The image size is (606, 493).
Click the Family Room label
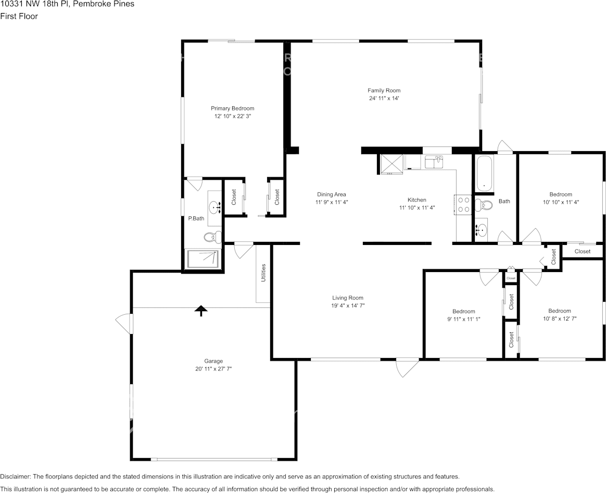[384, 91]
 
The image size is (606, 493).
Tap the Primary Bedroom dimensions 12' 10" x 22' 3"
[233, 116]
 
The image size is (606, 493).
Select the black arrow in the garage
[201, 311]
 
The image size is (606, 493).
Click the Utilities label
[263, 273]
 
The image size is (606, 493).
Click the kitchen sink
[434, 162]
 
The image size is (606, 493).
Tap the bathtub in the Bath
[484, 173]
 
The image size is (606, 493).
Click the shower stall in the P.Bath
[203, 259]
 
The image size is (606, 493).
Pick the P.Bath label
[196, 219]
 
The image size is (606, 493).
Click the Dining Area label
[332, 194]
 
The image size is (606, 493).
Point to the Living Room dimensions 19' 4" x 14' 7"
[348, 306]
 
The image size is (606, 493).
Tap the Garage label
[213, 361]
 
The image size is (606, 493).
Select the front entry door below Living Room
[407, 367]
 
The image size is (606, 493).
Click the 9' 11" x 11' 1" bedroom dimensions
[464, 319]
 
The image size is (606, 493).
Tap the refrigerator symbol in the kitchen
[392, 165]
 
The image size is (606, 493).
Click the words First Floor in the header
[19, 16]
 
